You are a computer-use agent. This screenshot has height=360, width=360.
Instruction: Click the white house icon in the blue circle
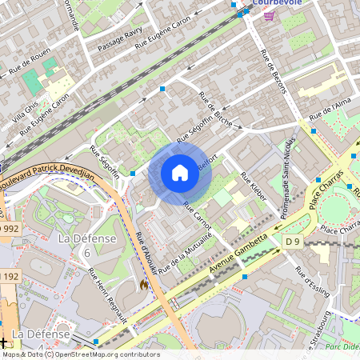click(180, 173)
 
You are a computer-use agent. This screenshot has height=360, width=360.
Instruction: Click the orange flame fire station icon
click(144, 284)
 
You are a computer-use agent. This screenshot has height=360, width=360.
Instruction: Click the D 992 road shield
click(7, 229)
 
